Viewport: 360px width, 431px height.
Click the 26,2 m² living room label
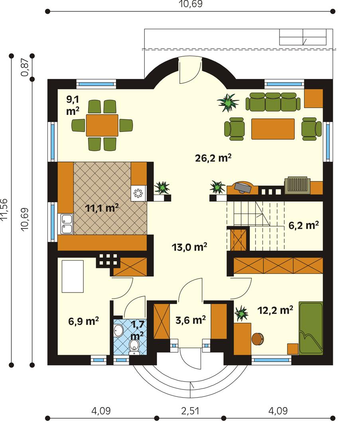214,158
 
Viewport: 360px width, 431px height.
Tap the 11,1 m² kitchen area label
102,208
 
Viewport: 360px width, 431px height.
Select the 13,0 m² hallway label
189,247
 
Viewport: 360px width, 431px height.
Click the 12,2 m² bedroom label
275,310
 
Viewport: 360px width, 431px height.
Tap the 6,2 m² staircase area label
303,226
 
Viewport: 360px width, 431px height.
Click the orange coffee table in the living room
273,129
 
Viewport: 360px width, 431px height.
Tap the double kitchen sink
66,223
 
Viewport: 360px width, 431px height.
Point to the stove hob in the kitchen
138,194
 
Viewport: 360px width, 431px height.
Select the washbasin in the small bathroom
119,330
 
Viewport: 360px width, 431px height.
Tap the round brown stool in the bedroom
258,339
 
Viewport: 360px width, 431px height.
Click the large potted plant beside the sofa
228,102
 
